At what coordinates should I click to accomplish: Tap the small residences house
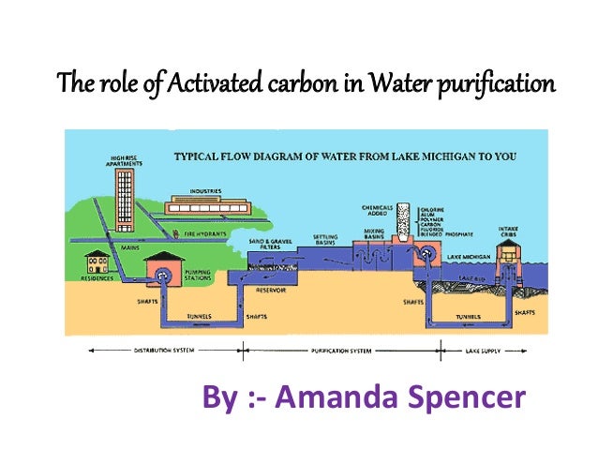(x=96, y=262)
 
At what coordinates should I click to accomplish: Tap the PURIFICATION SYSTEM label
(x=342, y=352)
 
